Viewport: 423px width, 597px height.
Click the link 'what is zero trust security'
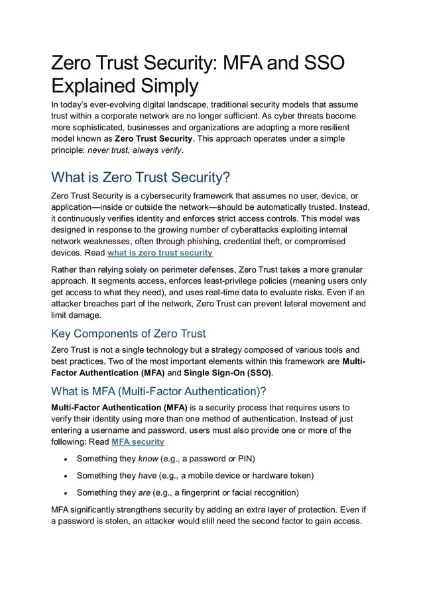[160, 253]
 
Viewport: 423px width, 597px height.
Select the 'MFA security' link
[138, 441]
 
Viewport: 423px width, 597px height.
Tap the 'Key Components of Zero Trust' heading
[129, 333]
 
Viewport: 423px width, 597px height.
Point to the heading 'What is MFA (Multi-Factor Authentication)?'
[158, 390]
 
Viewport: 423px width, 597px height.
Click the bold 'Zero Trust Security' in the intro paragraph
[154, 139]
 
